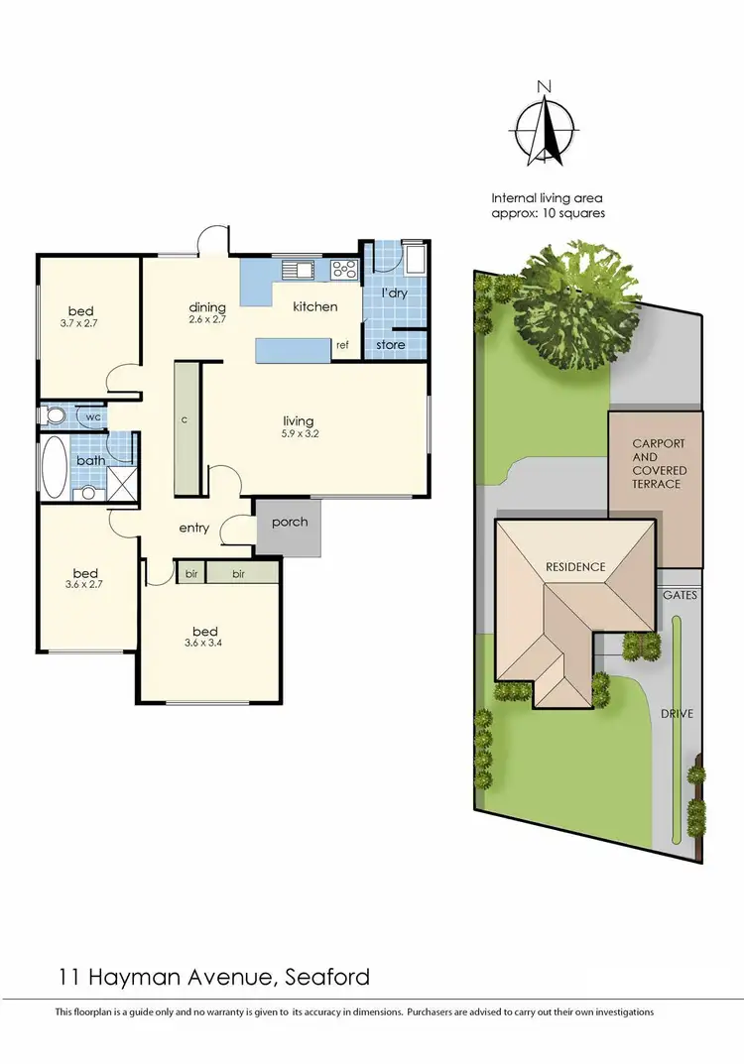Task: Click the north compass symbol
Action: (544, 130)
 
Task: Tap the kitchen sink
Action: (295, 268)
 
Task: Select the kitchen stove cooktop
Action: (344, 268)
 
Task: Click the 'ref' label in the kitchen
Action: (341, 346)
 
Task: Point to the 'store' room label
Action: (390, 345)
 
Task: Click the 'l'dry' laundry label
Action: (395, 293)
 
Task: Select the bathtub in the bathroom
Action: (55, 468)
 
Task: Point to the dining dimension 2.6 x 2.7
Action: (208, 320)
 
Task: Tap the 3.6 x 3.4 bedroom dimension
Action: (205, 644)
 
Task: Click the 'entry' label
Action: (194, 528)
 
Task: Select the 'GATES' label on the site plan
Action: (682, 595)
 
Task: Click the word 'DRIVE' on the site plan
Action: (678, 713)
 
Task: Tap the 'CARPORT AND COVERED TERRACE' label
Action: (659, 464)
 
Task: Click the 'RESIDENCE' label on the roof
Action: (575, 567)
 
